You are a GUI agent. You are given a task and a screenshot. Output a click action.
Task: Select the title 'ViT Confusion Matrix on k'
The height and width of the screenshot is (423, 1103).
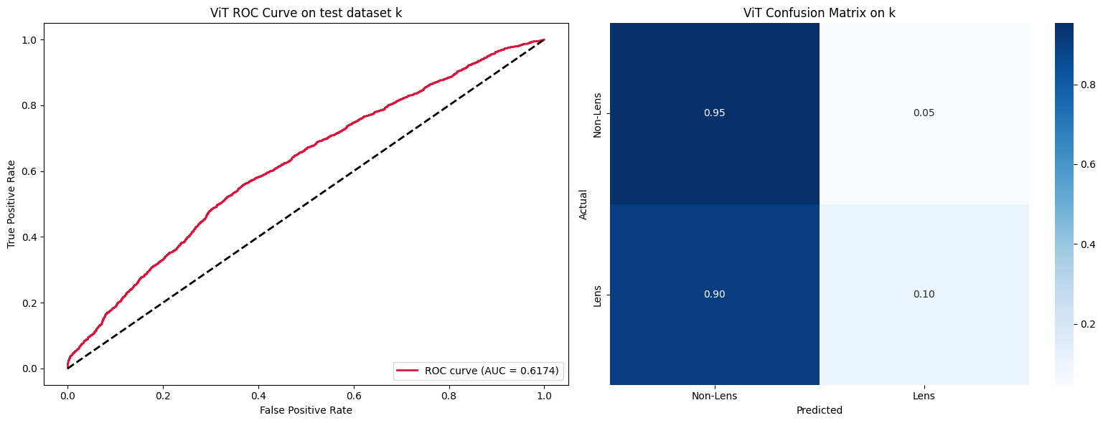pyautogui.click(x=819, y=13)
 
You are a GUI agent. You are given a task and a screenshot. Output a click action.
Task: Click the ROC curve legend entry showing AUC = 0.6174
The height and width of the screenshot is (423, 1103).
pyautogui.click(x=478, y=371)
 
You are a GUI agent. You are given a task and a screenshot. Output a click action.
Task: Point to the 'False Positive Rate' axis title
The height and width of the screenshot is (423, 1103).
pyautogui.click(x=306, y=410)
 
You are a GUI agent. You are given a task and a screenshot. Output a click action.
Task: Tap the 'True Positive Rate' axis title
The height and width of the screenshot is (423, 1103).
pyautogui.click(x=12, y=204)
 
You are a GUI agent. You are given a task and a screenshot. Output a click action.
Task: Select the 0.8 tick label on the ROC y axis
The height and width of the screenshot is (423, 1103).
pyautogui.click(x=31, y=105)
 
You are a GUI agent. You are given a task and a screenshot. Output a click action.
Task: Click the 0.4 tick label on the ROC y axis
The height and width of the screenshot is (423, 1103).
pyautogui.click(x=31, y=237)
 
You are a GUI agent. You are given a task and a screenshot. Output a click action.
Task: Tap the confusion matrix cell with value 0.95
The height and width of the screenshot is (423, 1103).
pyautogui.click(x=714, y=113)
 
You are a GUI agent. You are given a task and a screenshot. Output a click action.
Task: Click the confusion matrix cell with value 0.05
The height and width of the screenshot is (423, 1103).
pyautogui.click(x=924, y=113)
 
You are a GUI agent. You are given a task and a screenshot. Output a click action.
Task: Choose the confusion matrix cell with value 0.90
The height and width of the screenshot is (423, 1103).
pyautogui.click(x=714, y=295)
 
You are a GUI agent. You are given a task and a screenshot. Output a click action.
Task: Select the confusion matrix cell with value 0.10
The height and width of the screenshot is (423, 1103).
pyautogui.click(x=924, y=295)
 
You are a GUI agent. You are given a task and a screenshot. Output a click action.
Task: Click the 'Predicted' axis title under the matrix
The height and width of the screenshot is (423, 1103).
pyautogui.click(x=819, y=411)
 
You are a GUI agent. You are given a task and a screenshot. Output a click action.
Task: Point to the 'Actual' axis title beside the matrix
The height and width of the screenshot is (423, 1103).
pyautogui.click(x=583, y=204)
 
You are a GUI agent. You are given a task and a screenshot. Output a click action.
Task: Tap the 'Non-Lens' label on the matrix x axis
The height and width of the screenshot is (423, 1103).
pyautogui.click(x=714, y=396)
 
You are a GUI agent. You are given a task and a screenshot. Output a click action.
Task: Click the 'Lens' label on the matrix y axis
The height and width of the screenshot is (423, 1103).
pyautogui.click(x=597, y=295)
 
